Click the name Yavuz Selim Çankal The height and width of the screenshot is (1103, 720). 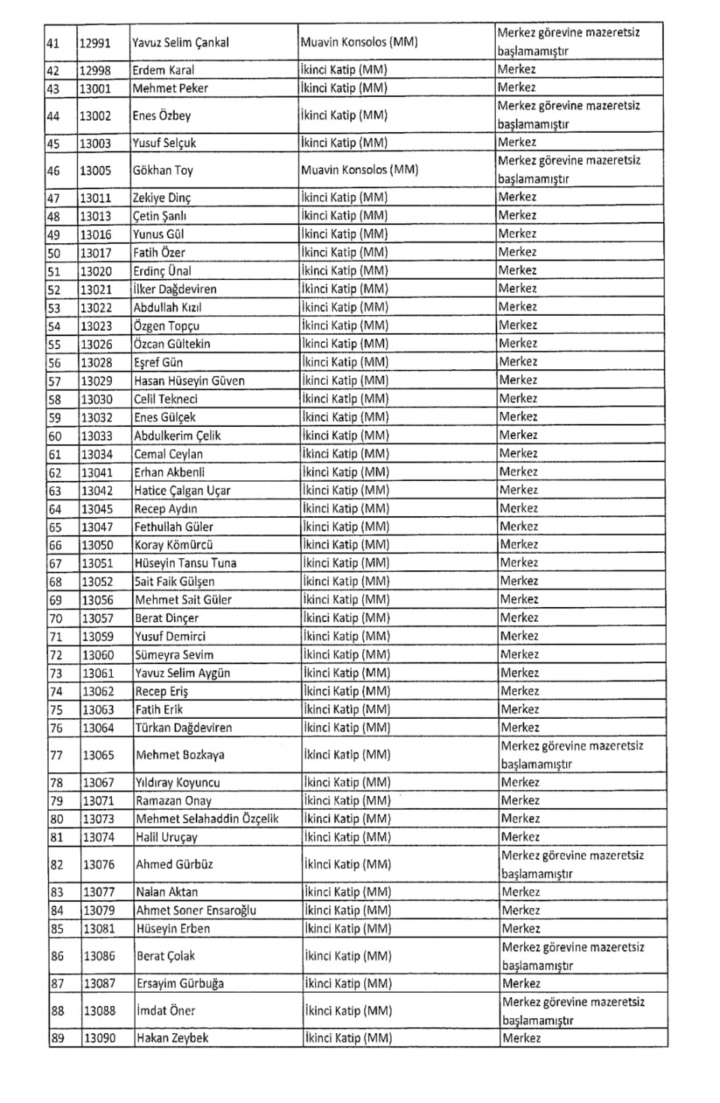181,43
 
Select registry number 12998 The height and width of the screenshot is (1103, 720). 95,71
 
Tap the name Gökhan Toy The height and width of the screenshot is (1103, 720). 163,170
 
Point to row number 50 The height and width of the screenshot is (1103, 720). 54,253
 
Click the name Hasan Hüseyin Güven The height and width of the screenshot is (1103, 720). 189,380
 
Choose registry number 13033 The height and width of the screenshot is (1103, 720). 97,436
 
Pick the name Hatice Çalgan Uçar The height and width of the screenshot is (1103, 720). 182,491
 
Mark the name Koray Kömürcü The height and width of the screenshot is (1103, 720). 174,545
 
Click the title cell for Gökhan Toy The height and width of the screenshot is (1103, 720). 359,170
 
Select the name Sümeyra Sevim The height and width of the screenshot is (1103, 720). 174,655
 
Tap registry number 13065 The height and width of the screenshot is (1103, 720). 98,755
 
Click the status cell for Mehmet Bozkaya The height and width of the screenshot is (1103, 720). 572,755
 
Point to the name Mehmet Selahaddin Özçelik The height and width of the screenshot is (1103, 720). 207,819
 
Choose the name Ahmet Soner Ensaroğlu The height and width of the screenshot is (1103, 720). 196,910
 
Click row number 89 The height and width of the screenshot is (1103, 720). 58,1038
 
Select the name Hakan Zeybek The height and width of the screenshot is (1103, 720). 172,1038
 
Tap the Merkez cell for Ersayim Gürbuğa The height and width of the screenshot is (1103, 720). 521,984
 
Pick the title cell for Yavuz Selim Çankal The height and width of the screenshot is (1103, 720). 358,43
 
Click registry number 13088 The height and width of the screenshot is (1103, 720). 100,1011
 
